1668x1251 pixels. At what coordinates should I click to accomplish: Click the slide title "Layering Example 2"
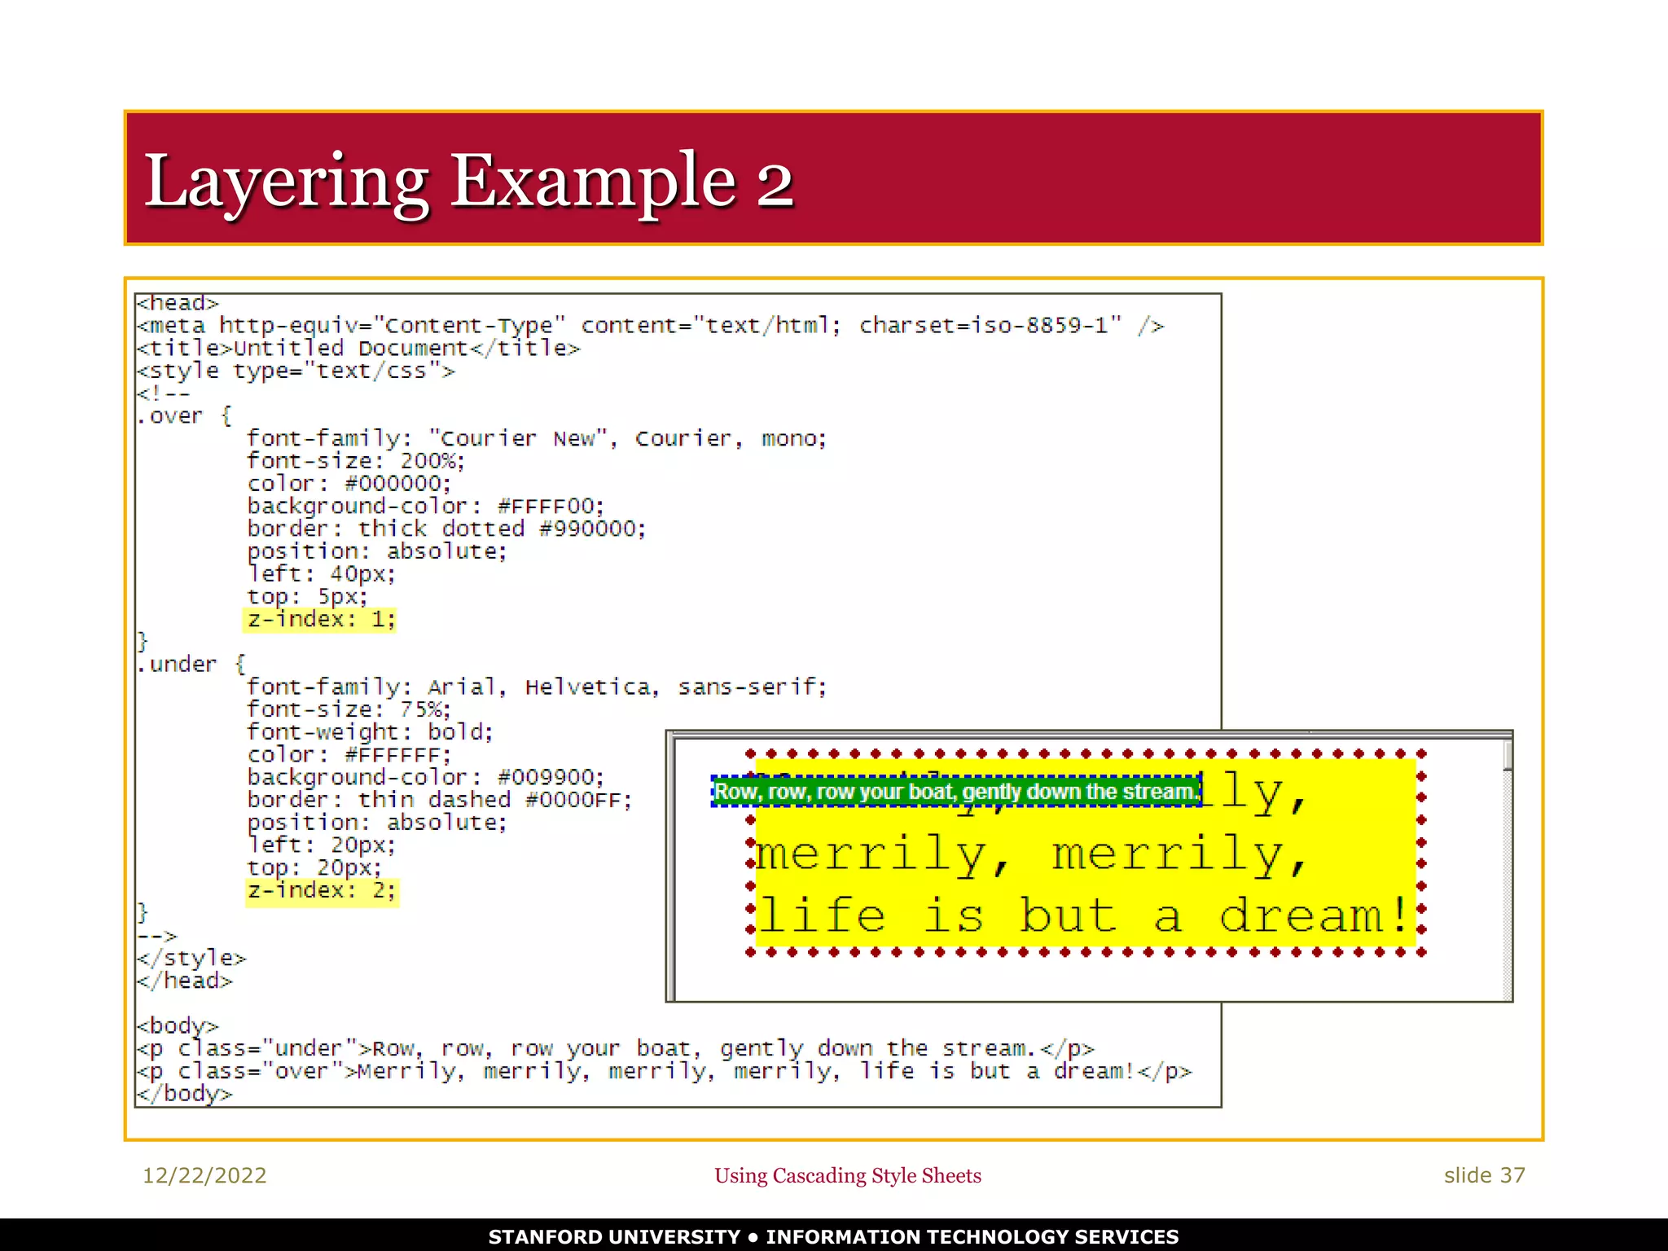point(468,181)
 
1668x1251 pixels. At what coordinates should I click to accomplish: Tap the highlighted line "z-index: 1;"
point(320,620)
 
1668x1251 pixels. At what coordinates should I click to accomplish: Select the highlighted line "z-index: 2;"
point(322,890)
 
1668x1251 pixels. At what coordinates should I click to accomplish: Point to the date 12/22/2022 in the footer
point(204,1175)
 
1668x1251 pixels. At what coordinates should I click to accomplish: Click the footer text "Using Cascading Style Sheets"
point(847,1175)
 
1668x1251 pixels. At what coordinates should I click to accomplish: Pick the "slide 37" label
point(1484,1175)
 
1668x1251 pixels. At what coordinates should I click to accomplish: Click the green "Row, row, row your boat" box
point(955,792)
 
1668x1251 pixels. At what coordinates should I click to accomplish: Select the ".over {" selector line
point(184,416)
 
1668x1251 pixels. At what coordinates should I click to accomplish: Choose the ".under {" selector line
point(191,665)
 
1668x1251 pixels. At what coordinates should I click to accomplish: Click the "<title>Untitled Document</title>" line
point(358,349)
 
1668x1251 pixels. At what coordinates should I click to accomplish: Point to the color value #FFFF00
point(550,507)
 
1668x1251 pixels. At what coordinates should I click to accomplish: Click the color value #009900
point(550,778)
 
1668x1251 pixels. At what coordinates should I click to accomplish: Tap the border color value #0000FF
point(577,801)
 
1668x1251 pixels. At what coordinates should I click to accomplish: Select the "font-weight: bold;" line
point(370,732)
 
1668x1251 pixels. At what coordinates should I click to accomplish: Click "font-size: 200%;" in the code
point(356,461)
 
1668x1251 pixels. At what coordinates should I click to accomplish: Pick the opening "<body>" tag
point(178,1025)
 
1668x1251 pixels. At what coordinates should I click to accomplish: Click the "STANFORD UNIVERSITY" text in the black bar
point(614,1236)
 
